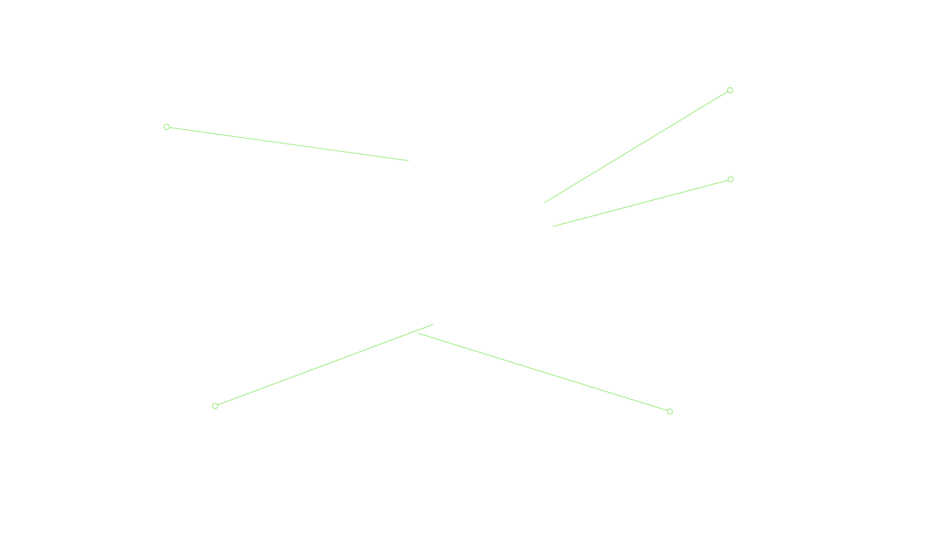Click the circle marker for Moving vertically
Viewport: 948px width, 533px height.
[166, 127]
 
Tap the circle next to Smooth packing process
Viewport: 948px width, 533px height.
[730, 90]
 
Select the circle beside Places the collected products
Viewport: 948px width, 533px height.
[730, 180]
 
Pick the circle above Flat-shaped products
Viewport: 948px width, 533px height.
[215, 406]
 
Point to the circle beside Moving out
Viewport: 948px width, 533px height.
[670, 412]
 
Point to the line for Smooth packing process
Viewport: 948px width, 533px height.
[637, 146]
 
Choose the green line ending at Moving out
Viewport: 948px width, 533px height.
[543, 372]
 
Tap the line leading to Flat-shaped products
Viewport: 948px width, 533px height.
[324, 365]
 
